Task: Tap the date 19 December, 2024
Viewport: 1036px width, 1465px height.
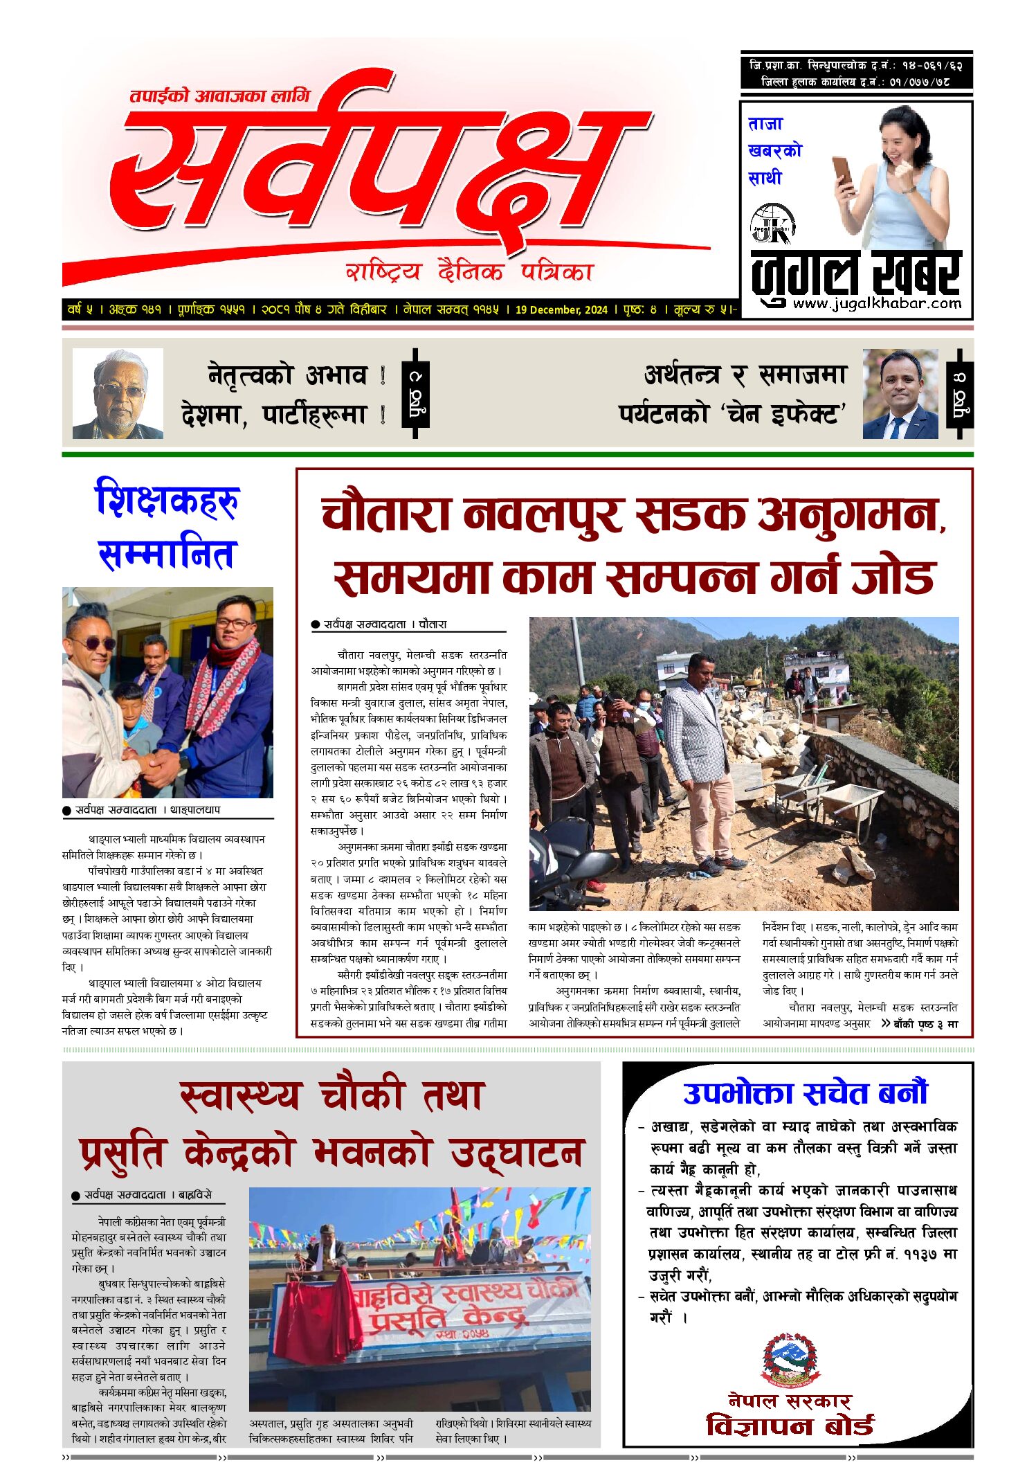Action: tap(561, 309)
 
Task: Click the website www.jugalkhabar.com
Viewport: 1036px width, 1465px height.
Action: tap(877, 303)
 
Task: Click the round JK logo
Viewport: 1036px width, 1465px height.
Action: tap(772, 224)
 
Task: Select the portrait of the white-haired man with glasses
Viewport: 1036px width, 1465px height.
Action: tap(118, 393)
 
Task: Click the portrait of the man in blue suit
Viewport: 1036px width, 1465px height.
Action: tap(900, 393)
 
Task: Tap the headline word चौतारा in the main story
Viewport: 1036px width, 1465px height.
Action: tap(385, 514)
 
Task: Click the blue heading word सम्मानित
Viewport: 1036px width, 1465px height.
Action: tap(168, 554)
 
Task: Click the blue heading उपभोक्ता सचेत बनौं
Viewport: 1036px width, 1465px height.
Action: tap(804, 1093)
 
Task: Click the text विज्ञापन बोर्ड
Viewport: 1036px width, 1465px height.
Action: tap(790, 1426)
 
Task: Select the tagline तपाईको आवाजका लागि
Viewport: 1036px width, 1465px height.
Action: tap(220, 96)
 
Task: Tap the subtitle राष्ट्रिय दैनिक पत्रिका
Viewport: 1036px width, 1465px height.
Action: tap(469, 271)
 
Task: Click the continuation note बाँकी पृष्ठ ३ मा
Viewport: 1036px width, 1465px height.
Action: tap(925, 1023)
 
